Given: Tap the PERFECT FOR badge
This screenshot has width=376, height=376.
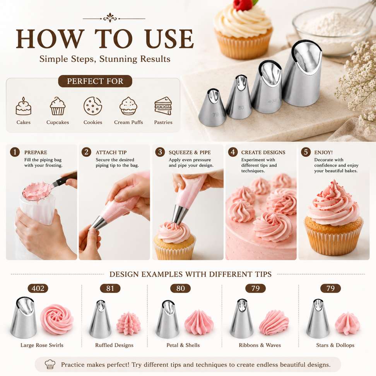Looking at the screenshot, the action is tap(95, 81).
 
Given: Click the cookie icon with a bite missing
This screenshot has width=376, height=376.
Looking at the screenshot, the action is tap(93, 106).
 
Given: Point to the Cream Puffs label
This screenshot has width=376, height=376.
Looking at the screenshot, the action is tap(128, 122).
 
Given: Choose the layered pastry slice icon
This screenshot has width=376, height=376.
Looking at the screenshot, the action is tap(163, 106).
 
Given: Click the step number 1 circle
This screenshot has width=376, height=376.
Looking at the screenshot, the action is tap(15, 152).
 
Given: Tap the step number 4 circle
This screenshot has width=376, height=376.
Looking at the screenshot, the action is tap(232, 152).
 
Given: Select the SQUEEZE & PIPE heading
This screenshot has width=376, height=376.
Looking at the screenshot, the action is tap(190, 152).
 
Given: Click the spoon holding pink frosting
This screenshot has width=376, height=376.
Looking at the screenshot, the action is tap(48, 187).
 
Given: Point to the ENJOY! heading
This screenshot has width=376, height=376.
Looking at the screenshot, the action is tap(323, 152).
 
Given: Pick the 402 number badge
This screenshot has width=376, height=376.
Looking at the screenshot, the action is tap(38, 288).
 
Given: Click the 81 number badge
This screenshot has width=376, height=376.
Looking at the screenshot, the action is tap(110, 288).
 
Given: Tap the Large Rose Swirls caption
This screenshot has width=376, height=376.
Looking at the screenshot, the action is tap(42, 345).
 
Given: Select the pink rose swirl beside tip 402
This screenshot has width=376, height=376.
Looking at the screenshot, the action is tap(57, 319).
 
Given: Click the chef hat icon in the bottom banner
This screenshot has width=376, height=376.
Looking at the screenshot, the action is tap(50, 364).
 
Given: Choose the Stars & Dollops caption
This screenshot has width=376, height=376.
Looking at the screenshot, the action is tap(335, 345).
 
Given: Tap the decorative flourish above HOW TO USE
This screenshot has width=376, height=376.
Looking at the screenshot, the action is tap(114, 18).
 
